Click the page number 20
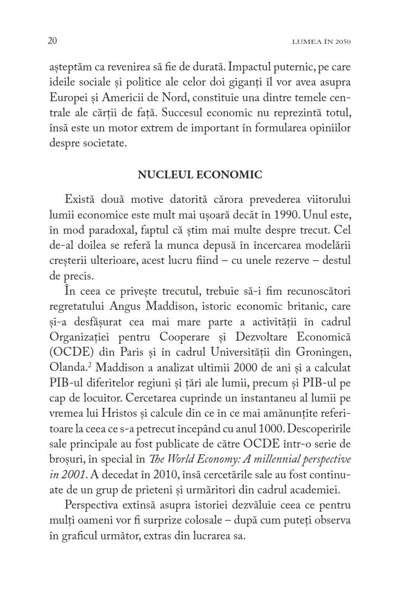tap(52, 41)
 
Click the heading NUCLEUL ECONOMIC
tap(200, 175)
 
